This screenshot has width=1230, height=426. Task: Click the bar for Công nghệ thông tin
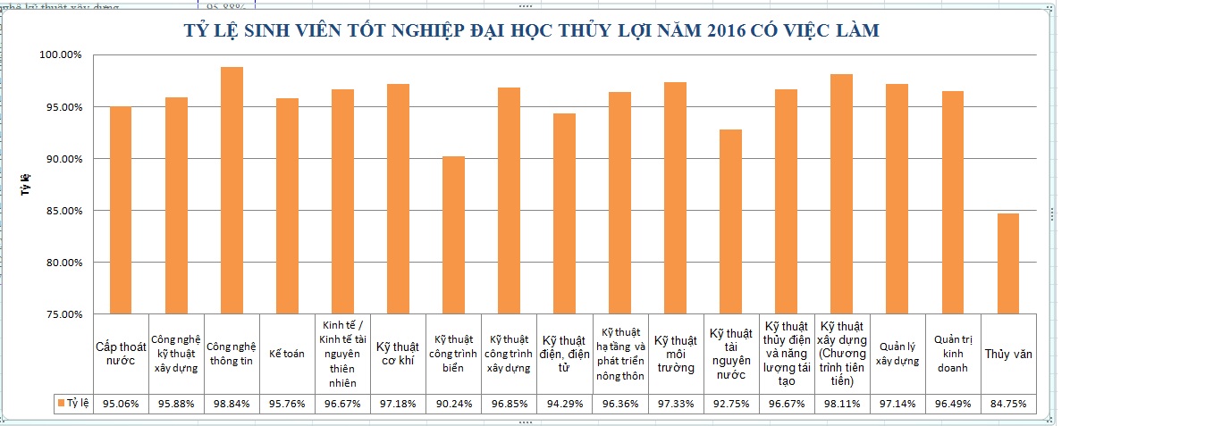click(x=232, y=190)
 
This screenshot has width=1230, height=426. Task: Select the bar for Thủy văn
click(x=1007, y=263)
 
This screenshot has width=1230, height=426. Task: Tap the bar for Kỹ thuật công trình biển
click(x=453, y=235)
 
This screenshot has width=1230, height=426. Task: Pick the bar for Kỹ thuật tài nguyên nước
click(x=730, y=221)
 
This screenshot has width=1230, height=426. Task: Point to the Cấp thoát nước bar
click(x=121, y=210)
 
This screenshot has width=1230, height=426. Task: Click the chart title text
click(x=531, y=31)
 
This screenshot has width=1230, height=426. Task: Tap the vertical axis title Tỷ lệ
click(x=26, y=185)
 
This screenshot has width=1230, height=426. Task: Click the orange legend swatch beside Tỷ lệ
click(x=62, y=404)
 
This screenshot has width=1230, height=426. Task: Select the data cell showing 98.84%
click(x=232, y=404)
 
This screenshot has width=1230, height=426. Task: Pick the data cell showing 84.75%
click(x=1007, y=404)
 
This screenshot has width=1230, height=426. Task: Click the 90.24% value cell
click(x=453, y=404)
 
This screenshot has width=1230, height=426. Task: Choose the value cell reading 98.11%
click(x=841, y=404)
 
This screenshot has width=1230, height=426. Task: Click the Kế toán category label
click(x=287, y=354)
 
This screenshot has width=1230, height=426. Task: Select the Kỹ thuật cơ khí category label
click(x=398, y=354)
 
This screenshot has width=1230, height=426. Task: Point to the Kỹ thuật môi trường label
click(x=675, y=354)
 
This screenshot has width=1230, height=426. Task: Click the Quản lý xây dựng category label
click(x=897, y=354)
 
